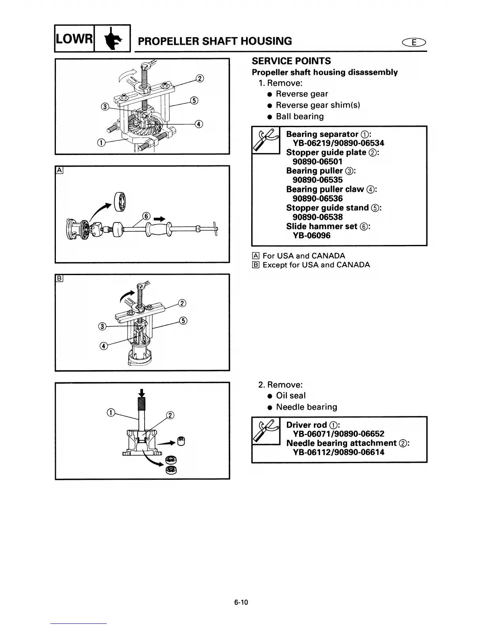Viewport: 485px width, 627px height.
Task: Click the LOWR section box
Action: click(x=74, y=38)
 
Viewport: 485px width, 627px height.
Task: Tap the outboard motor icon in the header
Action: click(x=112, y=38)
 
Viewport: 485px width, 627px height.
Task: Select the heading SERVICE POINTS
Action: click(x=291, y=61)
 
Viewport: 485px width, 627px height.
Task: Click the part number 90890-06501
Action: click(x=317, y=161)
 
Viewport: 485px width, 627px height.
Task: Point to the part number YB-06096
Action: click(x=311, y=236)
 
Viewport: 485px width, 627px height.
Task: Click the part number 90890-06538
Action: click(x=317, y=217)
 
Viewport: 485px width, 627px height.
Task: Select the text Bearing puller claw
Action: click(x=325, y=189)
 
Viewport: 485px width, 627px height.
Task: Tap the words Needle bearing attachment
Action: click(x=341, y=443)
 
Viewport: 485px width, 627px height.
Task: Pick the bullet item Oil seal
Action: click(x=290, y=395)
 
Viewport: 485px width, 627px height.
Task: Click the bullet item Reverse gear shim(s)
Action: click(x=318, y=105)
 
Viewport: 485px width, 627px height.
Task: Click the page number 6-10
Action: click(x=241, y=602)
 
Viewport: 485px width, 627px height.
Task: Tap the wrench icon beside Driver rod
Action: click(x=266, y=430)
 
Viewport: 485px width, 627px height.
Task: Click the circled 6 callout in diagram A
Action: click(x=146, y=216)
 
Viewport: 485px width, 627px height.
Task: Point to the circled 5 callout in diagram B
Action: click(x=183, y=321)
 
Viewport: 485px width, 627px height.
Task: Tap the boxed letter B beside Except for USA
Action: click(x=256, y=265)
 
